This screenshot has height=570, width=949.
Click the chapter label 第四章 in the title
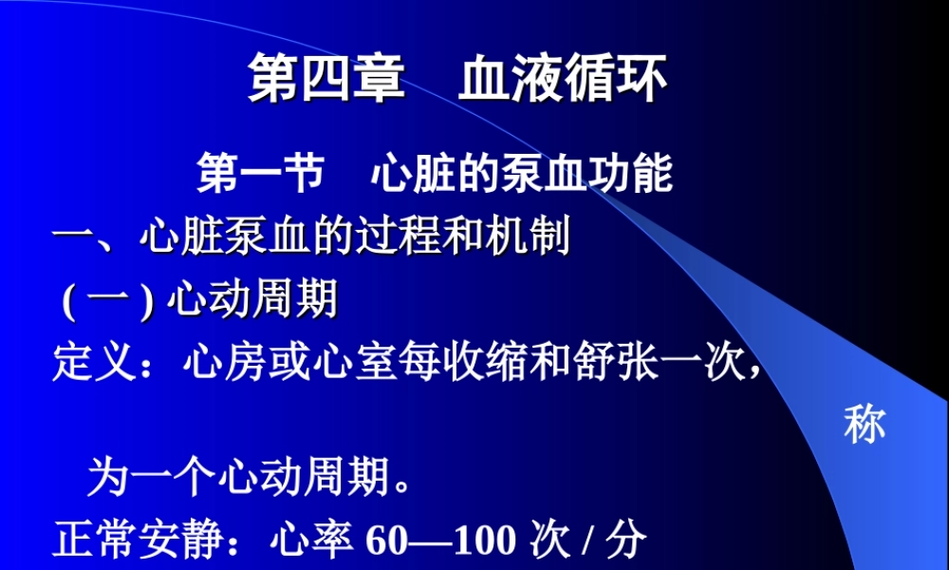pyautogui.click(x=326, y=78)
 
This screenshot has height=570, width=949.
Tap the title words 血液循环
pyautogui.click(x=563, y=78)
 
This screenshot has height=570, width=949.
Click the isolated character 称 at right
pyautogui.click(x=865, y=425)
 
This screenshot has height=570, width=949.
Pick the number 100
pyautogui.click(x=480, y=540)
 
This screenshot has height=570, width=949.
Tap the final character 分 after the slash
pyautogui.click(x=625, y=540)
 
